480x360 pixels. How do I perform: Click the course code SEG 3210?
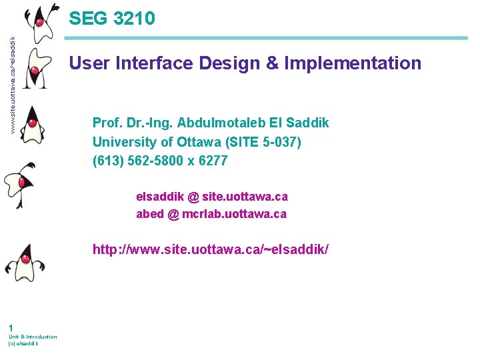pyautogui.click(x=112, y=18)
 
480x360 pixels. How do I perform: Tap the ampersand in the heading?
pyautogui.click(x=273, y=63)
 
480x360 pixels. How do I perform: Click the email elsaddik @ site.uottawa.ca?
pyautogui.click(x=211, y=197)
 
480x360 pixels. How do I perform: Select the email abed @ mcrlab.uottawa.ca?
pyautogui.click(x=211, y=214)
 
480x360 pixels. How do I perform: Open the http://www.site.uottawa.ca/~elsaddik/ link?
pyautogui.click(x=210, y=250)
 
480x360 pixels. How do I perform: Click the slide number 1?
pyautogui.click(x=11, y=327)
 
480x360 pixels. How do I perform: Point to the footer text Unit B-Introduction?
pyautogui.click(x=33, y=337)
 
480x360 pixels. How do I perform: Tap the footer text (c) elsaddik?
pyautogui.click(x=23, y=344)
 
